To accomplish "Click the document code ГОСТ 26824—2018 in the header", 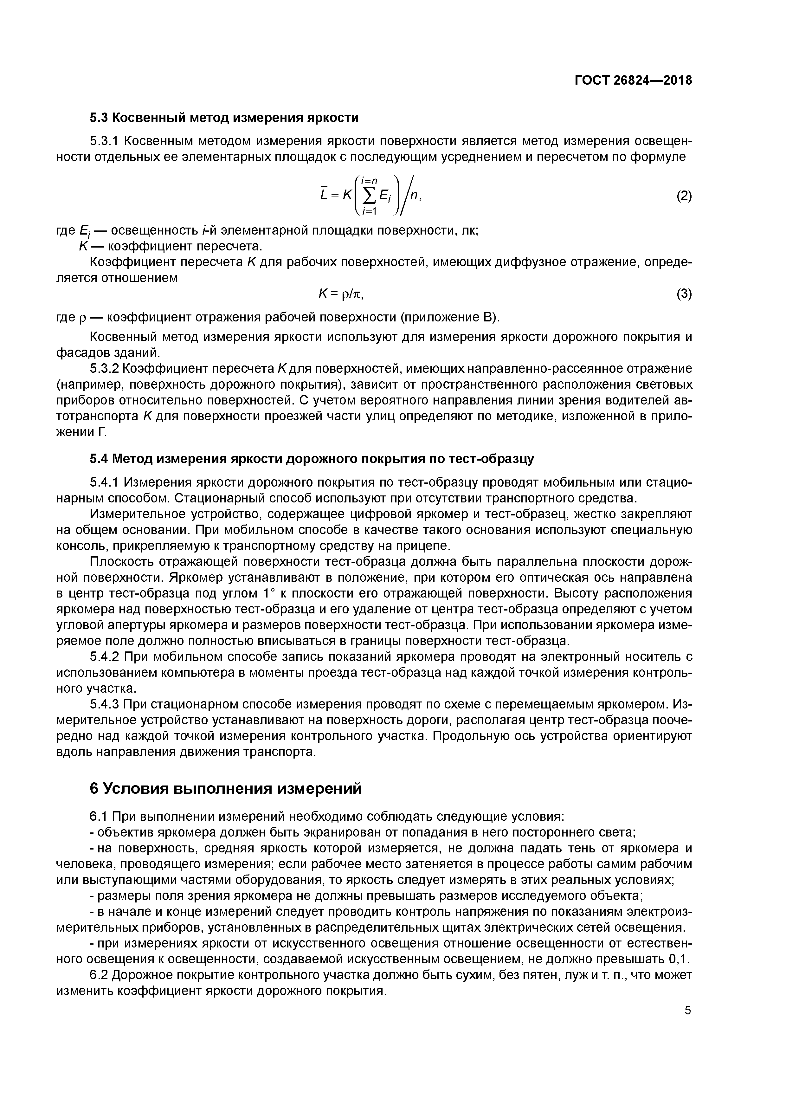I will pyautogui.click(x=633, y=81).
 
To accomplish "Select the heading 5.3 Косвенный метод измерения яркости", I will pyautogui.click(x=224, y=118).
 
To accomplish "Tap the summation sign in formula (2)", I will pyautogui.click(x=370, y=196).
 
